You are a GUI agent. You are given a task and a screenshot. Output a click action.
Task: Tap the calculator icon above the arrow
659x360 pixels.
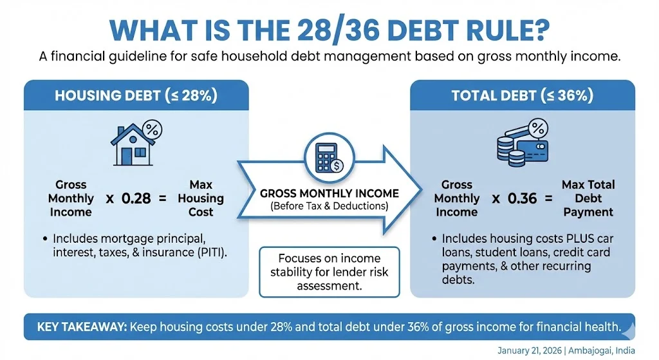[329, 156]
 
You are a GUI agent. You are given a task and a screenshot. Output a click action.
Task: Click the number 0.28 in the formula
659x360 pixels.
[136, 198]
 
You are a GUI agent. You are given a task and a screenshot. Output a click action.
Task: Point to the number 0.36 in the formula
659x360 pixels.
[522, 198]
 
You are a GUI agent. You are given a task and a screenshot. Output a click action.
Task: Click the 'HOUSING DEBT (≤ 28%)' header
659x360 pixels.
[136, 97]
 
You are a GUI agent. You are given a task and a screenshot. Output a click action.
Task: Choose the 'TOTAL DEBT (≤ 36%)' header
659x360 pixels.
[522, 97]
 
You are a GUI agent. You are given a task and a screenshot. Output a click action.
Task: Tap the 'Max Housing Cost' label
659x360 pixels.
[201, 198]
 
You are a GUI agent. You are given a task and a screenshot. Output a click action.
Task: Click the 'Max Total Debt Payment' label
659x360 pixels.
[588, 198]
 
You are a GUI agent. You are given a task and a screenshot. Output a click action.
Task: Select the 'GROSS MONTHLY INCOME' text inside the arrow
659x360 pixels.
[329, 193]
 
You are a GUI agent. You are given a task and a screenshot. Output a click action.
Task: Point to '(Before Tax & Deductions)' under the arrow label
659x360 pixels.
[329, 206]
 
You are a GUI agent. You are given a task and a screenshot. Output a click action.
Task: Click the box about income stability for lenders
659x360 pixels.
[329, 271]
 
